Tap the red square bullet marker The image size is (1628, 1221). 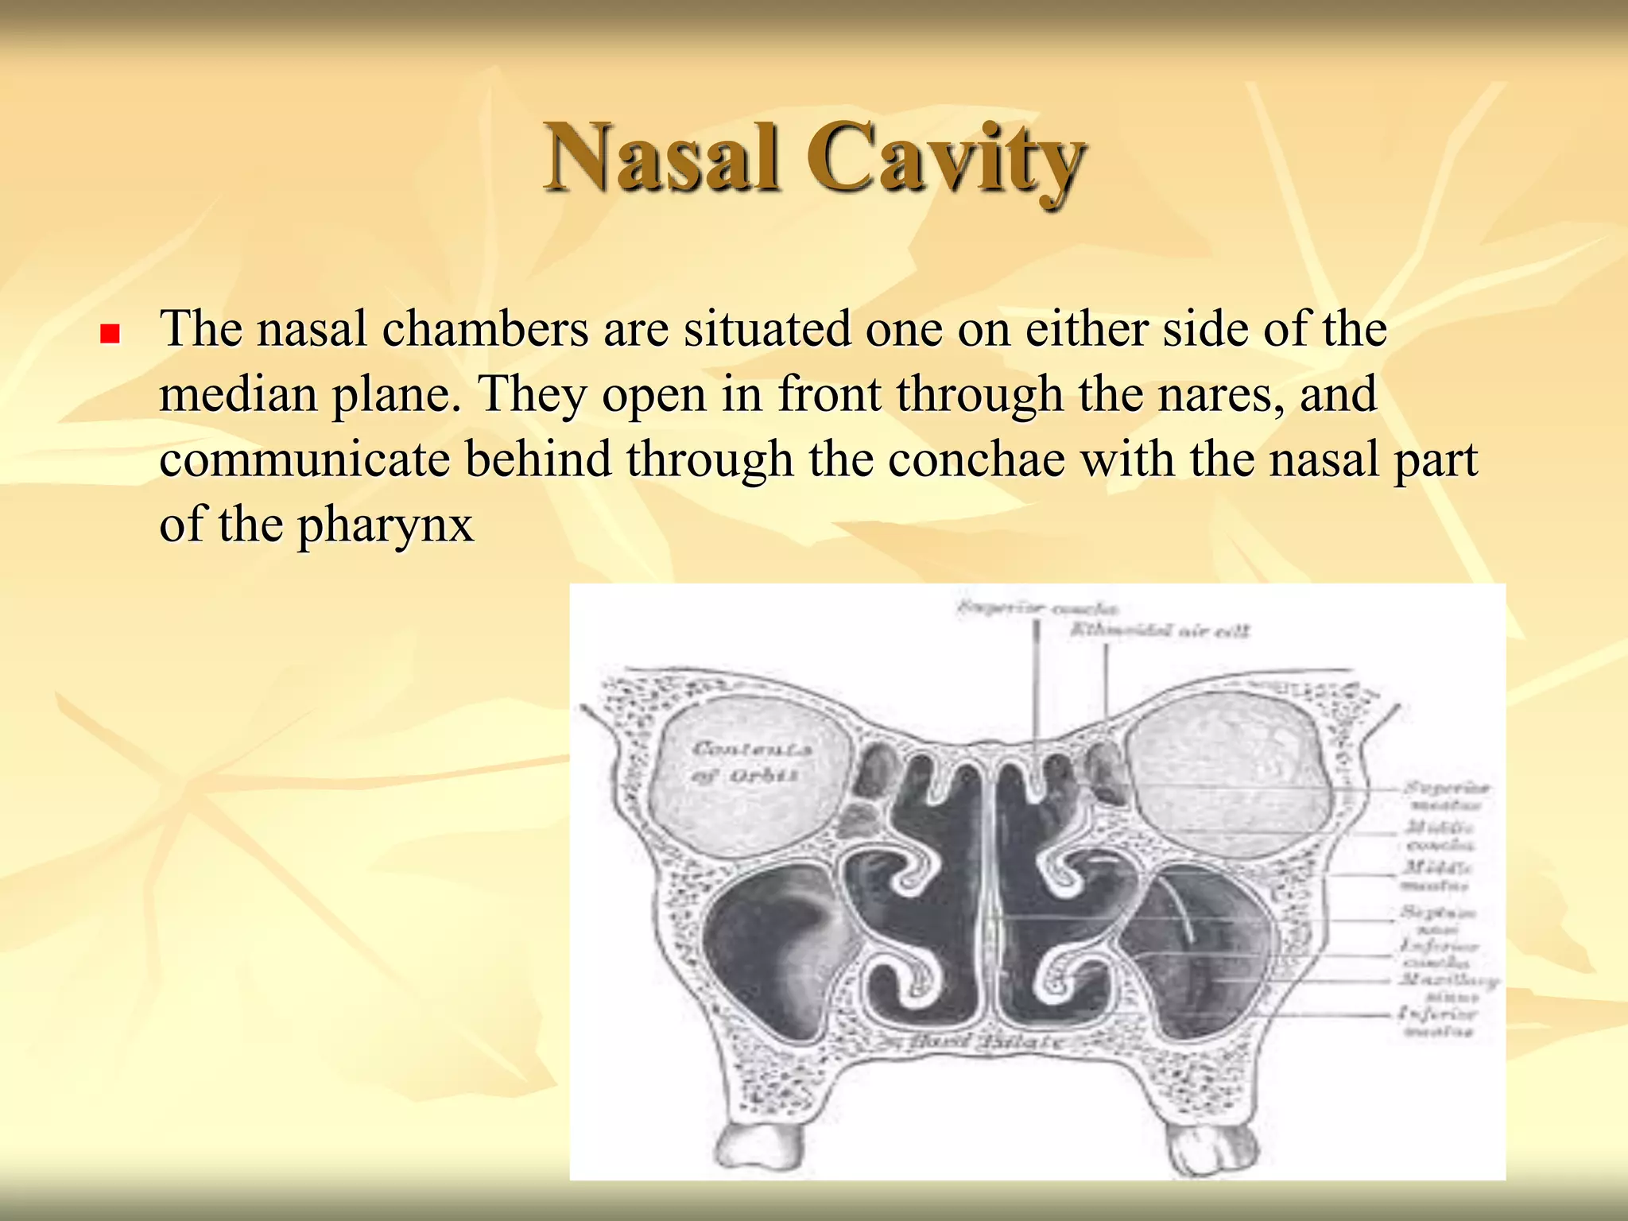tap(110, 333)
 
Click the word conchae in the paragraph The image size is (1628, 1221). tap(975, 460)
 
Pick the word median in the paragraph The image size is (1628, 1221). tap(238, 395)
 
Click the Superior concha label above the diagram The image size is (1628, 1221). tap(1037, 609)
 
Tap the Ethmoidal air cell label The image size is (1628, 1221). tap(1159, 631)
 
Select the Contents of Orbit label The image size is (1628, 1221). tap(750, 762)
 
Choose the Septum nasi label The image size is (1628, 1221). tap(1439, 920)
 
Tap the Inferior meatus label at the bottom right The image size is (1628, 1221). tap(1439, 1022)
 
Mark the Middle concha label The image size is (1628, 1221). tap(1440, 835)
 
